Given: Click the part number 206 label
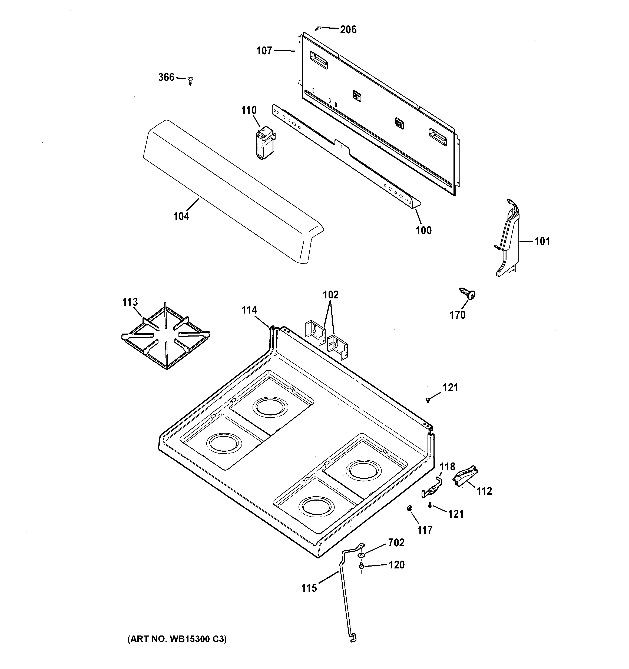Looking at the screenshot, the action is click(348, 30).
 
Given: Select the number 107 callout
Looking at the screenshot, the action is click(264, 51).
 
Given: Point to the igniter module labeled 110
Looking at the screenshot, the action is click(265, 143).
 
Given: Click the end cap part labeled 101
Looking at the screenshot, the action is click(507, 238).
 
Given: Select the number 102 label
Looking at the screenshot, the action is click(331, 295).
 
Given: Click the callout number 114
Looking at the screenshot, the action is click(249, 310).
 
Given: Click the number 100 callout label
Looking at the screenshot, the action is click(423, 231).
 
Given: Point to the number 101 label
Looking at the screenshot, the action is click(542, 241).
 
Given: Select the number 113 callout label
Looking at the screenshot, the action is click(130, 302).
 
